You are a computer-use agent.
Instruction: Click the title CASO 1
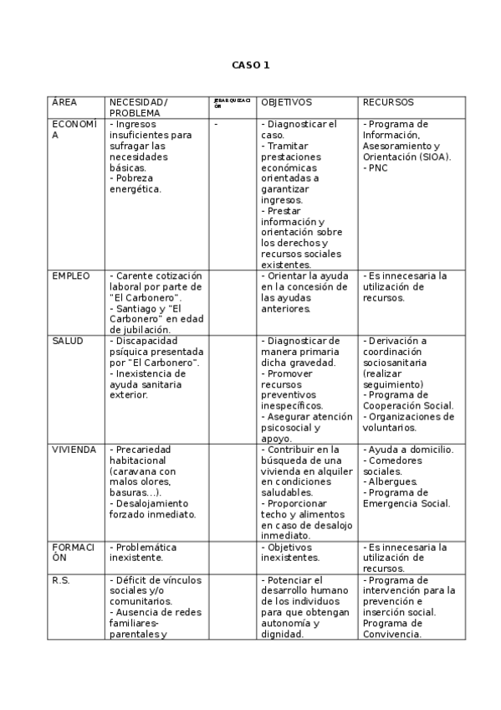[250, 65]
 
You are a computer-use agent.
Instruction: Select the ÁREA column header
[64, 102]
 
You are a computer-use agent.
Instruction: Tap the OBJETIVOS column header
[286, 102]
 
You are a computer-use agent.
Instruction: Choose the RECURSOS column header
[388, 102]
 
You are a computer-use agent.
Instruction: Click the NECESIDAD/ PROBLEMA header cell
[138, 107]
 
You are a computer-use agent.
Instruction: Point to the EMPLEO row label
[71, 275]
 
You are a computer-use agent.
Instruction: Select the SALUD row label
[68, 341]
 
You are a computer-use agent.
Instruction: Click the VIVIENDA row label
[74, 450]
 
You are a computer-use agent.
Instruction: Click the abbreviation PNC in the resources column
[377, 167]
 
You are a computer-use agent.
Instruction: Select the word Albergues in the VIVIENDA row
[392, 482]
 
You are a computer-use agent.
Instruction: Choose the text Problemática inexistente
[143, 553]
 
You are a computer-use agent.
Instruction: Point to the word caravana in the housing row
[132, 471]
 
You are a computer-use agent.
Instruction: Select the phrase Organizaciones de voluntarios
[409, 422]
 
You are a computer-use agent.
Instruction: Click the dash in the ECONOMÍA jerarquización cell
[216, 124]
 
